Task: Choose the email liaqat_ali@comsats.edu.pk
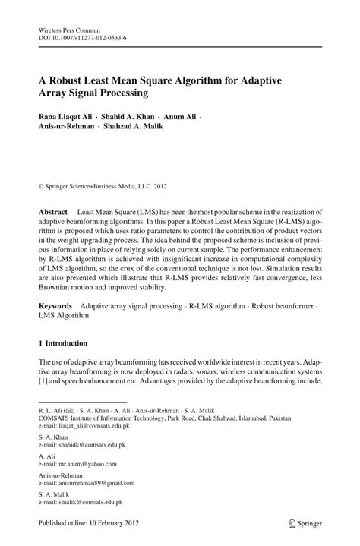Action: (x=92, y=426)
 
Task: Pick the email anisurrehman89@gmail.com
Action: (x=96, y=481)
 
